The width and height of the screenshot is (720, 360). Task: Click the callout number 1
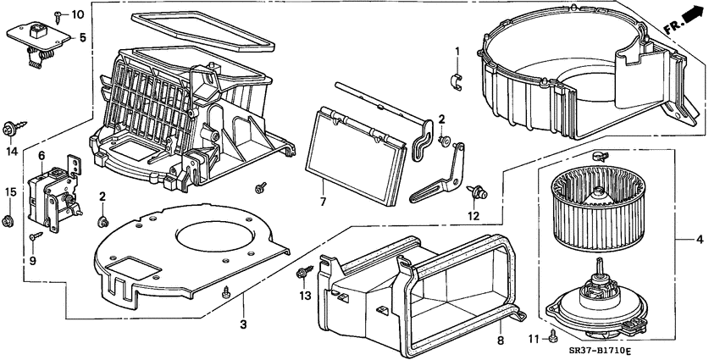coord(457,53)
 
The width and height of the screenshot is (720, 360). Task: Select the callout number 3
coord(243,324)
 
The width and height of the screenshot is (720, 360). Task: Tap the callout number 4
coord(699,240)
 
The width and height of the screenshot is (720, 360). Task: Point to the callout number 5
coord(82,37)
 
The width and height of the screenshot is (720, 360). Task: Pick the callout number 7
coord(323,202)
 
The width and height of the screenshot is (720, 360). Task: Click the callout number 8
coord(500,341)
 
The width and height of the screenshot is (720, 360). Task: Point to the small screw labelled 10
coord(57,15)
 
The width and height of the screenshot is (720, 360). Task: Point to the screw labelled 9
coord(35,238)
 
